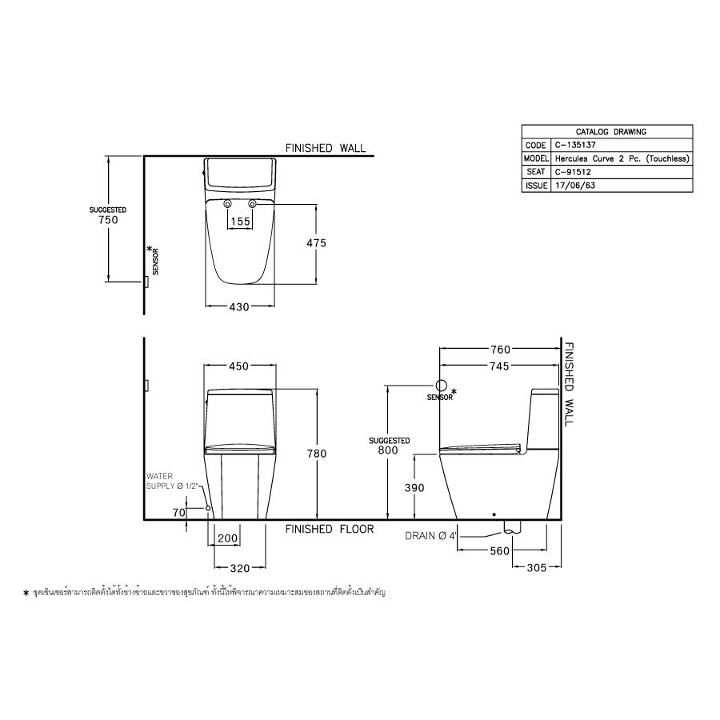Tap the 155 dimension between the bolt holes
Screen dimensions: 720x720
[x=240, y=221]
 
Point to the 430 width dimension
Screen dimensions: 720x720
[x=240, y=306]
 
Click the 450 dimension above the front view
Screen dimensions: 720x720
[x=240, y=366]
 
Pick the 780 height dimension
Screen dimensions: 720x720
[x=317, y=454]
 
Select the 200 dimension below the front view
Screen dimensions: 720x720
[x=228, y=539]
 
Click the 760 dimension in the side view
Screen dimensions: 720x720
[x=500, y=350]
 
